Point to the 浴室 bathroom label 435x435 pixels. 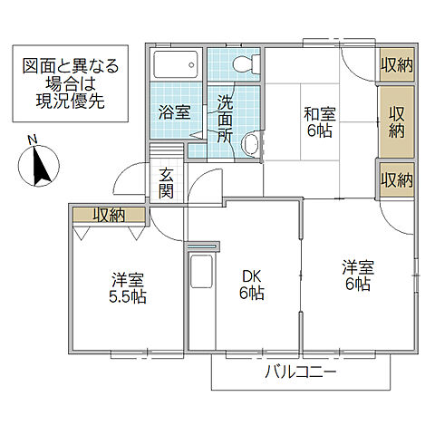click(x=174, y=113)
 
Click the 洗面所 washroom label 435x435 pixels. click(x=226, y=118)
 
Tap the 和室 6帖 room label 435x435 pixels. click(x=320, y=123)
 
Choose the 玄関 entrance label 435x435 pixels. click(x=167, y=183)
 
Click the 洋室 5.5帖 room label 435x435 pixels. click(x=128, y=288)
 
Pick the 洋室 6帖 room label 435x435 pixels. click(x=357, y=276)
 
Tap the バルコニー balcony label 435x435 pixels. click(x=302, y=372)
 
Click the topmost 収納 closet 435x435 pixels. click(x=397, y=64)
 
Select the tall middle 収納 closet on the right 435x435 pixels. click(x=397, y=121)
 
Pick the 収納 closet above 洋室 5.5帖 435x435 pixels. click(x=109, y=215)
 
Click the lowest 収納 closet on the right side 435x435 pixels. click(x=397, y=179)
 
